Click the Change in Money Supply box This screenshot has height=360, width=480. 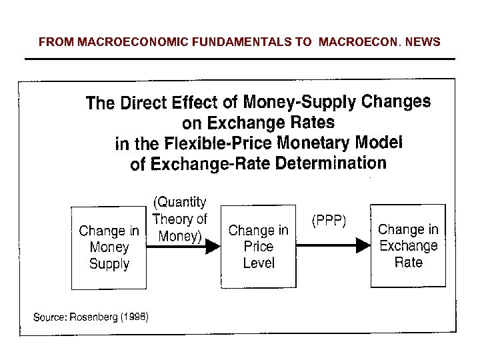[109, 248]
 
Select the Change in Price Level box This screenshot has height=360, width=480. [258, 247]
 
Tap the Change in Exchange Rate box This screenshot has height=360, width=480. [408, 245]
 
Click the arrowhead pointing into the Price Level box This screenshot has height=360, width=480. [213, 247]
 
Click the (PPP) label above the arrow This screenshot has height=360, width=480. [329, 221]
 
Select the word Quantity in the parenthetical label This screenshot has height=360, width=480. [180, 203]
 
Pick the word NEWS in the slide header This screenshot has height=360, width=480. [423, 42]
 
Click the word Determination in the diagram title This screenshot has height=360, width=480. [333, 163]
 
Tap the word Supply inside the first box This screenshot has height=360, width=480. [109, 265]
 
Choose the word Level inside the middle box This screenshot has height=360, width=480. [259, 263]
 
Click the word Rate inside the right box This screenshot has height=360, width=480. [408, 262]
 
